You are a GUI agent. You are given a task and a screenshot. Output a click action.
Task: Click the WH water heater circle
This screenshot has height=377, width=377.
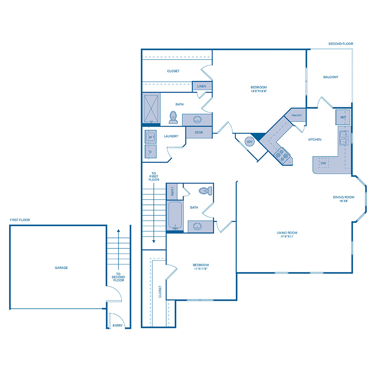(250, 142)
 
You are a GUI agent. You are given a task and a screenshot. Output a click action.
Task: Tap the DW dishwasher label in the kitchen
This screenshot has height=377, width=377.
(323, 163)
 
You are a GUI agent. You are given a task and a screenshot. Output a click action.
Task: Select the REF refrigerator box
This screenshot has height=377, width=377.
(343, 117)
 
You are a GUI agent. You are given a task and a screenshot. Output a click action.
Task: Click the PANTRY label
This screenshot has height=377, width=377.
(297, 116)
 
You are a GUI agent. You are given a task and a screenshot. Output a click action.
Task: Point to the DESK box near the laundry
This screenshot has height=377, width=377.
(199, 132)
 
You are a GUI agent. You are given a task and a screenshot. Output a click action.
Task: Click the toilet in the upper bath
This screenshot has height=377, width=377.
(173, 117)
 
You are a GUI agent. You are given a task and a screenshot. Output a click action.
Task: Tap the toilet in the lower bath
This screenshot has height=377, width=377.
(204, 191)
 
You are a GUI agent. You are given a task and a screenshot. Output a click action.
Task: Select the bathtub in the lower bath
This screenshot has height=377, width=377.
(175, 216)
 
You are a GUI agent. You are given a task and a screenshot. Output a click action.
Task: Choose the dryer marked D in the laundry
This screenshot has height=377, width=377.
(150, 151)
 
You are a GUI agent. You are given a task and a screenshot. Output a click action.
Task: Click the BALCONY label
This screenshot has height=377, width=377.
(331, 77)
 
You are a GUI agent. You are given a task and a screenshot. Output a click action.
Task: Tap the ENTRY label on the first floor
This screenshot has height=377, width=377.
(117, 325)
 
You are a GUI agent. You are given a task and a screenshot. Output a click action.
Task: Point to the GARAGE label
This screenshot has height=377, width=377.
(61, 268)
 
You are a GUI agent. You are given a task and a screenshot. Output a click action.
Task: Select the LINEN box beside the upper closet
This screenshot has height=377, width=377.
(201, 86)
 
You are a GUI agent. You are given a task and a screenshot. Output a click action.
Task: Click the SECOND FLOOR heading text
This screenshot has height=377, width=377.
(341, 44)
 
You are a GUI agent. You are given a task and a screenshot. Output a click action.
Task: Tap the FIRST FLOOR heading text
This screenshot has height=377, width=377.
(20, 220)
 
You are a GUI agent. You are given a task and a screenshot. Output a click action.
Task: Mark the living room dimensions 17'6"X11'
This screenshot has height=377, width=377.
(287, 237)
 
